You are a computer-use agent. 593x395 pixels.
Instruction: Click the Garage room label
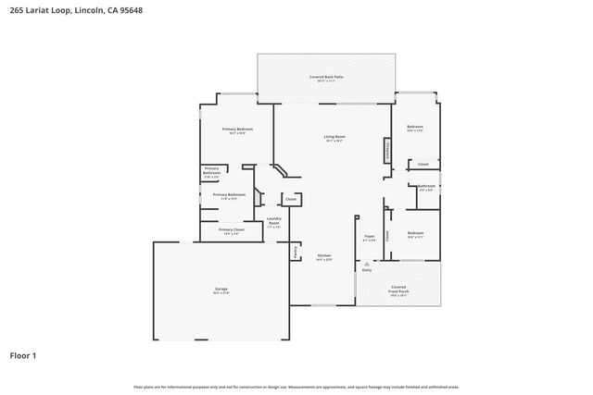tap(221, 290)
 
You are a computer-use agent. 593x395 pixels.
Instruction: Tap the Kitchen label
tap(324, 256)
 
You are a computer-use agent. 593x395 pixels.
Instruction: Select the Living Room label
tap(334, 138)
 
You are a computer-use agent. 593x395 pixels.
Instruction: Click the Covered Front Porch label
tap(398, 289)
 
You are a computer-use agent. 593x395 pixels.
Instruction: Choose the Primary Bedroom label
tap(236, 129)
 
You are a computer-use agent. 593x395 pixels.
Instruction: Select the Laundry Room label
tap(274, 221)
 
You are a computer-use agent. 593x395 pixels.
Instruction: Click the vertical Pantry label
tap(296, 250)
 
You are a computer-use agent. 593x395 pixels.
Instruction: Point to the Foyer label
tap(368, 237)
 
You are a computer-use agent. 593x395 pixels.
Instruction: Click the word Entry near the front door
tap(367, 270)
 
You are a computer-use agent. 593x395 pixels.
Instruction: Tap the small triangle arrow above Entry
tap(367, 263)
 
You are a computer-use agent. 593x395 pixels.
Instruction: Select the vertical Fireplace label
tap(385, 151)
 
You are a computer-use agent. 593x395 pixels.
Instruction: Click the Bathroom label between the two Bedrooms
tap(426, 186)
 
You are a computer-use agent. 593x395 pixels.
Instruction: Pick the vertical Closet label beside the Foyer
tap(388, 236)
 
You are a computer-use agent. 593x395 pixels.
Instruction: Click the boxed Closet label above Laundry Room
tap(290, 199)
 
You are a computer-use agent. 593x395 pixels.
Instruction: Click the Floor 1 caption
tap(24, 355)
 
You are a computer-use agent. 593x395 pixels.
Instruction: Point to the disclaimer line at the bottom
tap(296, 387)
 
